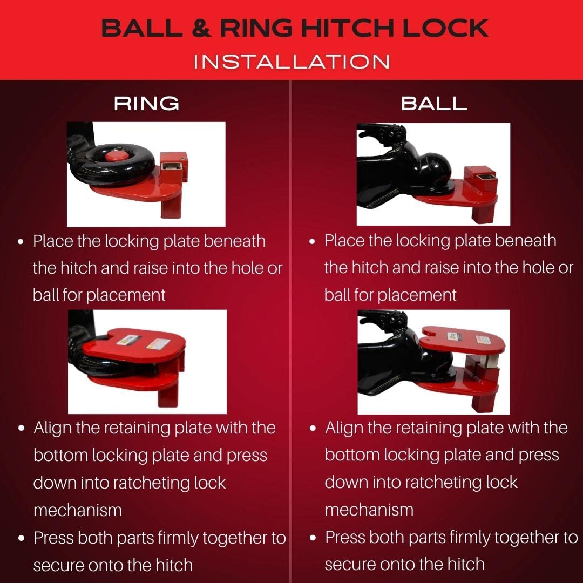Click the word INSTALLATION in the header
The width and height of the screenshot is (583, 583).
point(291,60)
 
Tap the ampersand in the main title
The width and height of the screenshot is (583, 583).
point(200,28)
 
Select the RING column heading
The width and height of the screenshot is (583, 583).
point(146,103)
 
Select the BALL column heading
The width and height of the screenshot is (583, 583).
point(434,103)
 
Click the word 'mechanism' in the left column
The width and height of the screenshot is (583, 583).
point(77,510)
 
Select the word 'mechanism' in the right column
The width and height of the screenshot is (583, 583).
point(369,509)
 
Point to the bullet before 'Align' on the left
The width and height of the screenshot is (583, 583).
point(21,428)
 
